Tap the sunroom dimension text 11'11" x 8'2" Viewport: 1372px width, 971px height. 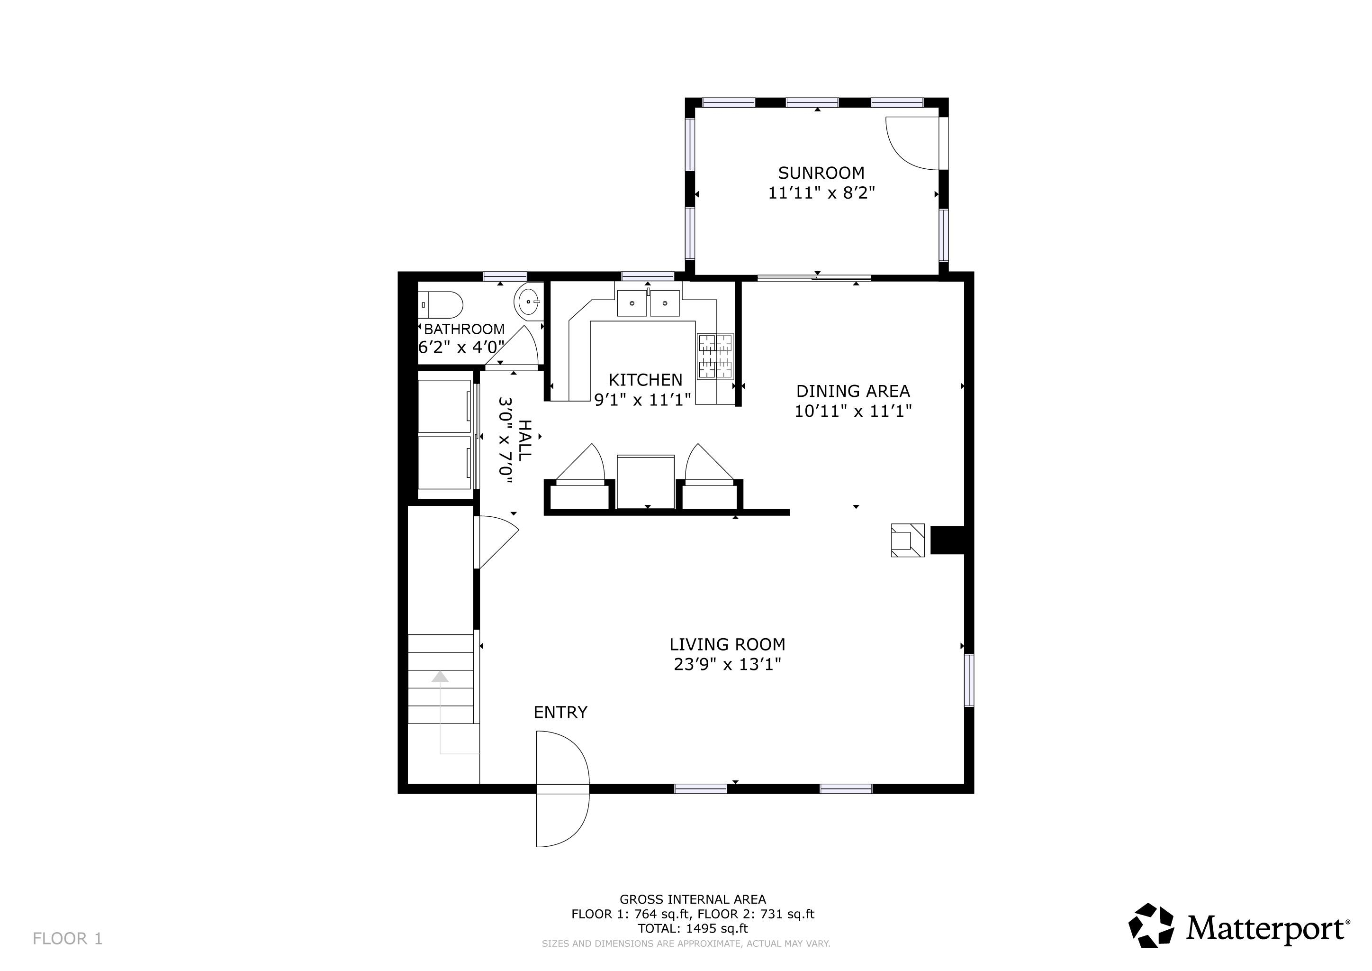[821, 193]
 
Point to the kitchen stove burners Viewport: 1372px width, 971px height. [715, 357]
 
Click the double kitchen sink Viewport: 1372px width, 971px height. [649, 303]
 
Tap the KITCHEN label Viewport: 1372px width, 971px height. [645, 380]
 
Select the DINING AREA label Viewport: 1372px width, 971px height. [853, 391]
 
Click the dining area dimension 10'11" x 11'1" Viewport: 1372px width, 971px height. [853, 412]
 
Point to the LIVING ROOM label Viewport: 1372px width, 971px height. [727, 644]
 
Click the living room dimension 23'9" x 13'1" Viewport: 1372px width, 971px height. [727, 665]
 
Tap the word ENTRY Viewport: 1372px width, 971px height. [560, 712]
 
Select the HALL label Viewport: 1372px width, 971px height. [524, 440]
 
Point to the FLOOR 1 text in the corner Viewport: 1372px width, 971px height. [68, 939]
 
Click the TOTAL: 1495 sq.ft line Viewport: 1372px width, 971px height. [693, 928]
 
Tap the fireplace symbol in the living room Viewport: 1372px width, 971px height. [907, 540]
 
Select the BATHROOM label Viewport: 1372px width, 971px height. [464, 329]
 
